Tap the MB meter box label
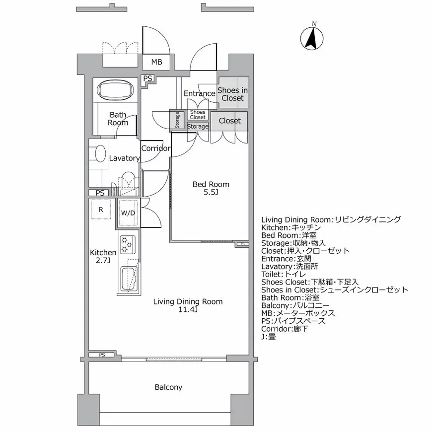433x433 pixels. (x=156, y=62)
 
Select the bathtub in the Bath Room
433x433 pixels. (x=116, y=91)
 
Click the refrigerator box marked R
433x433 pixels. (x=101, y=210)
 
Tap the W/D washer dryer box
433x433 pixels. (x=128, y=213)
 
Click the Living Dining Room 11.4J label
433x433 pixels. (x=188, y=305)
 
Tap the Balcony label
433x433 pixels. (x=168, y=387)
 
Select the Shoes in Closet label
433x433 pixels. (x=232, y=94)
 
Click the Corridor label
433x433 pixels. (x=155, y=148)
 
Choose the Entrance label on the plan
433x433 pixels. (x=199, y=93)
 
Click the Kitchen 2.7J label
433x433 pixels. (x=103, y=257)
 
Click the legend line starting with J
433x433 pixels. (x=268, y=337)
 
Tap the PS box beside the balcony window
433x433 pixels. (x=102, y=355)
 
